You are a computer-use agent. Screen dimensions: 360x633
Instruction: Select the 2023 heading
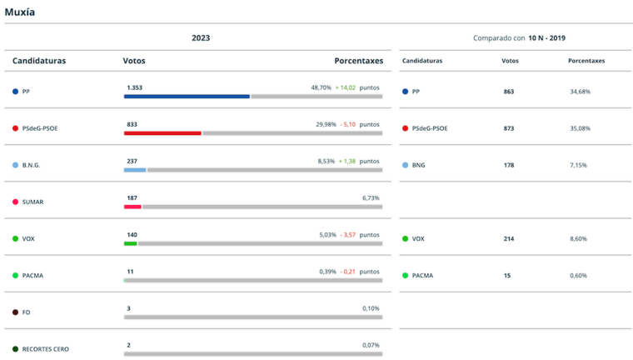[x=201, y=37]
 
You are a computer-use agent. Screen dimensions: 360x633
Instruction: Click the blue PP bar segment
[x=187, y=97]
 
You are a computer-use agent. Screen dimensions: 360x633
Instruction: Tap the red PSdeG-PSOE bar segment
[x=162, y=133]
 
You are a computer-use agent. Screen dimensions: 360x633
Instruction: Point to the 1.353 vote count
[x=135, y=87]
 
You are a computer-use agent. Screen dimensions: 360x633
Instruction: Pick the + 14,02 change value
[x=345, y=87]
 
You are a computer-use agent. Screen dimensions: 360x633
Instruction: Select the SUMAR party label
[x=32, y=202]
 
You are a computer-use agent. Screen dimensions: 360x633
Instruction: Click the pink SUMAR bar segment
[x=132, y=207]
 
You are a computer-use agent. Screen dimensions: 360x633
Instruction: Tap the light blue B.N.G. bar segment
[x=135, y=170]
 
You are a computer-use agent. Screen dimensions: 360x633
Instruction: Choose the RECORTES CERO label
[x=46, y=348]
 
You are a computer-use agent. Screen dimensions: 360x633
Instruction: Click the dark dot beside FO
[x=15, y=312]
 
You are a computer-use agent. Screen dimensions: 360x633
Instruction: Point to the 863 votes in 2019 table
[x=509, y=92]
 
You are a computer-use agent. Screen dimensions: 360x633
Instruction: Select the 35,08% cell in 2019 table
[x=580, y=128]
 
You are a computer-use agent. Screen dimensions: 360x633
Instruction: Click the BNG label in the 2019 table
[x=418, y=165]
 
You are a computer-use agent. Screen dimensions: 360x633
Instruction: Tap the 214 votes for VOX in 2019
[x=509, y=238]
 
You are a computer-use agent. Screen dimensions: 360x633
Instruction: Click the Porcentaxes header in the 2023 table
[x=358, y=61]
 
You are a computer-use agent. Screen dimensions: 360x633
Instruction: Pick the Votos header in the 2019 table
[x=510, y=61]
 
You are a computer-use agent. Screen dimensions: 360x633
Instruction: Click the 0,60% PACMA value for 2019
[x=578, y=275]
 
